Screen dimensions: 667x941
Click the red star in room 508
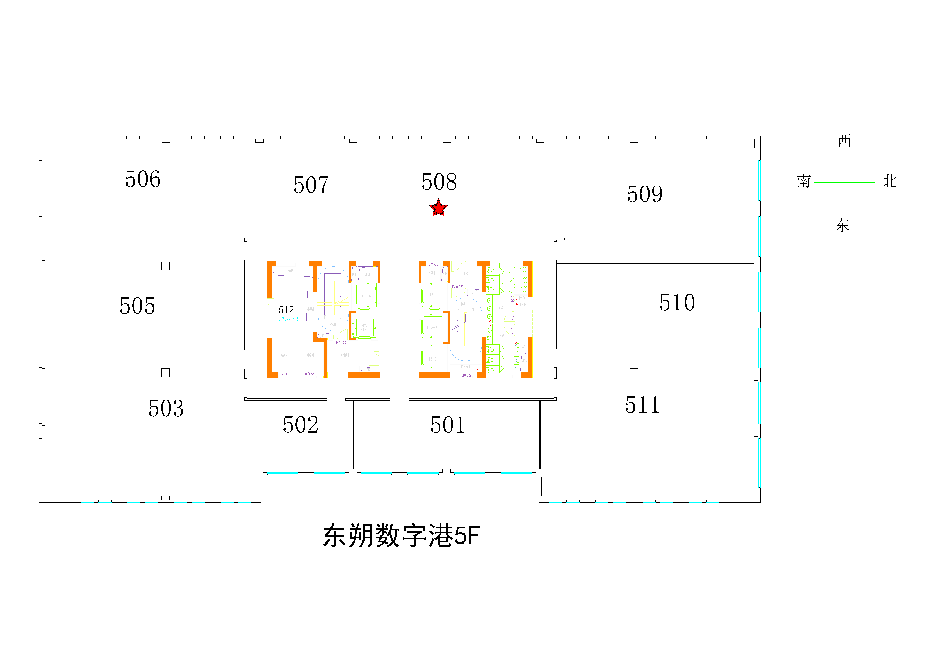point(438,208)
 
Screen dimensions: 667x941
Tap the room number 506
point(142,179)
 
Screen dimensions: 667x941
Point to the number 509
point(644,194)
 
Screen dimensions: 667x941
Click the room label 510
point(677,302)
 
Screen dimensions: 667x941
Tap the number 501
point(447,425)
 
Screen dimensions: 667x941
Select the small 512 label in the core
point(286,310)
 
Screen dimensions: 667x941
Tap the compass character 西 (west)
point(844,141)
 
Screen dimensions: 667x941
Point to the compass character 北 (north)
point(890,181)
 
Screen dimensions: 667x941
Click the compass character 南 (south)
point(803,181)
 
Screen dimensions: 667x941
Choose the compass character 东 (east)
point(842,225)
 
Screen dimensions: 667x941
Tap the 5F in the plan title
point(467,536)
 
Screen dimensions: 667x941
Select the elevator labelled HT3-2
point(432,327)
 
